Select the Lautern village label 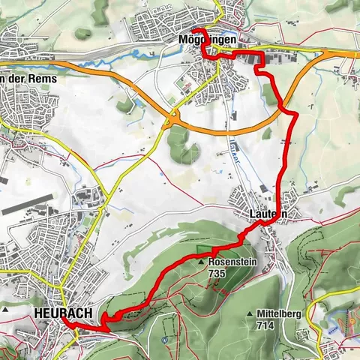click(268, 214)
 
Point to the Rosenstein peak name click(229, 262)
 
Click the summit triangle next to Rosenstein click(201, 262)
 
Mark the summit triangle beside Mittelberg click(249, 313)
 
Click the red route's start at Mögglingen click(194, 30)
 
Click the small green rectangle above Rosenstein click(203, 250)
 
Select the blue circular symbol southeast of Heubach click(163, 340)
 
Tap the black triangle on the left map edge click(4, 309)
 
